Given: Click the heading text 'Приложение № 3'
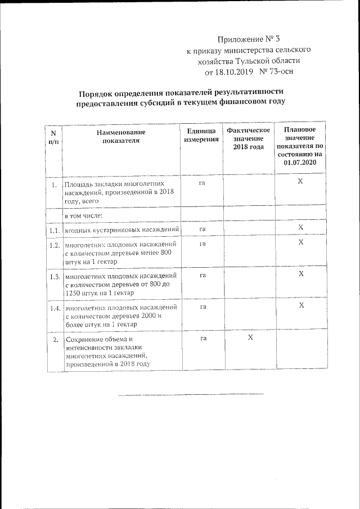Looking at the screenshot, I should (248, 39).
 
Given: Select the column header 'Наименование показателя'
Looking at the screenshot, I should (120, 136).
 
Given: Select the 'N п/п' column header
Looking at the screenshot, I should (53, 137).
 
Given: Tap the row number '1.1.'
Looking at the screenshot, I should (54, 229).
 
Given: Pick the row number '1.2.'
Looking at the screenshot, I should (54, 245).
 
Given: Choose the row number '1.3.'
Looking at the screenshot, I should (54, 276).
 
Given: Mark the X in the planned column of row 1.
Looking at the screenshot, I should (300, 182).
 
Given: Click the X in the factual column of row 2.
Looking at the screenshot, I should (250, 337).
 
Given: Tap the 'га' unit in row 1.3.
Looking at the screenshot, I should (201, 274).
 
